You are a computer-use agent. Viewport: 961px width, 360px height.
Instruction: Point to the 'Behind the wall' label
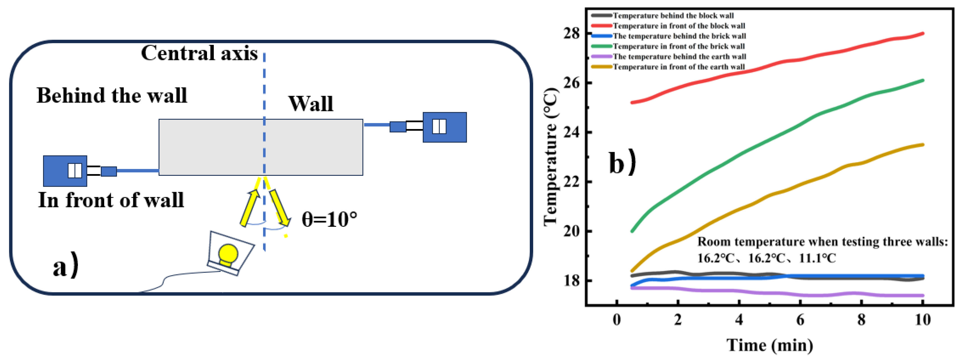(x=112, y=95)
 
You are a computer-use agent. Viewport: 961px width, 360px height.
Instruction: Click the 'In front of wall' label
(x=111, y=200)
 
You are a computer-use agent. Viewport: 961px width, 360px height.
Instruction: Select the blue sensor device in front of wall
(x=65, y=171)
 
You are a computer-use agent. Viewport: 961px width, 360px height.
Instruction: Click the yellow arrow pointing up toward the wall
(x=250, y=207)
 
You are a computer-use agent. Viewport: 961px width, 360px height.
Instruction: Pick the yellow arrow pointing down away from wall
(x=280, y=207)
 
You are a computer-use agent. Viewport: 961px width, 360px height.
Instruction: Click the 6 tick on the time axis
(x=800, y=320)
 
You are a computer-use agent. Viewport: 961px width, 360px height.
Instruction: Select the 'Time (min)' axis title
(x=770, y=345)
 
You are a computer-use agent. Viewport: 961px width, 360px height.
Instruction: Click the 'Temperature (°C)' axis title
(x=551, y=157)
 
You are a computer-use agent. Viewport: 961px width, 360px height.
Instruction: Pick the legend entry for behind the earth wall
(x=679, y=57)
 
